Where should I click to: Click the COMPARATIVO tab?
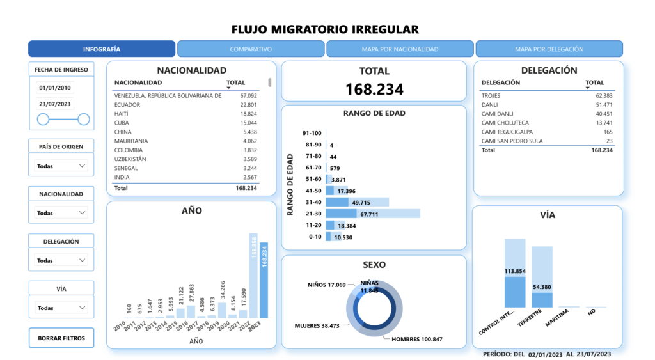251,49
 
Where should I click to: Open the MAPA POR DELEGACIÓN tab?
549,49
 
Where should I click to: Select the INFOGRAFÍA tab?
102,49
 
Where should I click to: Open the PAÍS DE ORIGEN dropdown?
61,166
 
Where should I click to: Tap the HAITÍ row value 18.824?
248,113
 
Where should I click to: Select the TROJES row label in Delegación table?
491,96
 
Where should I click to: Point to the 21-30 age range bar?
372,214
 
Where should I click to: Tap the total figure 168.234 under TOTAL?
374,90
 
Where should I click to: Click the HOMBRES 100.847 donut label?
416,339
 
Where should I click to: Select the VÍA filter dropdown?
61,308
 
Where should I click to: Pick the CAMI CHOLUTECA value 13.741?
604,123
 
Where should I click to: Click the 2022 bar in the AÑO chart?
253,275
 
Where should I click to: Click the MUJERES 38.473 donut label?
317,325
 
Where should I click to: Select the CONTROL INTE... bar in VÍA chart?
515,272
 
